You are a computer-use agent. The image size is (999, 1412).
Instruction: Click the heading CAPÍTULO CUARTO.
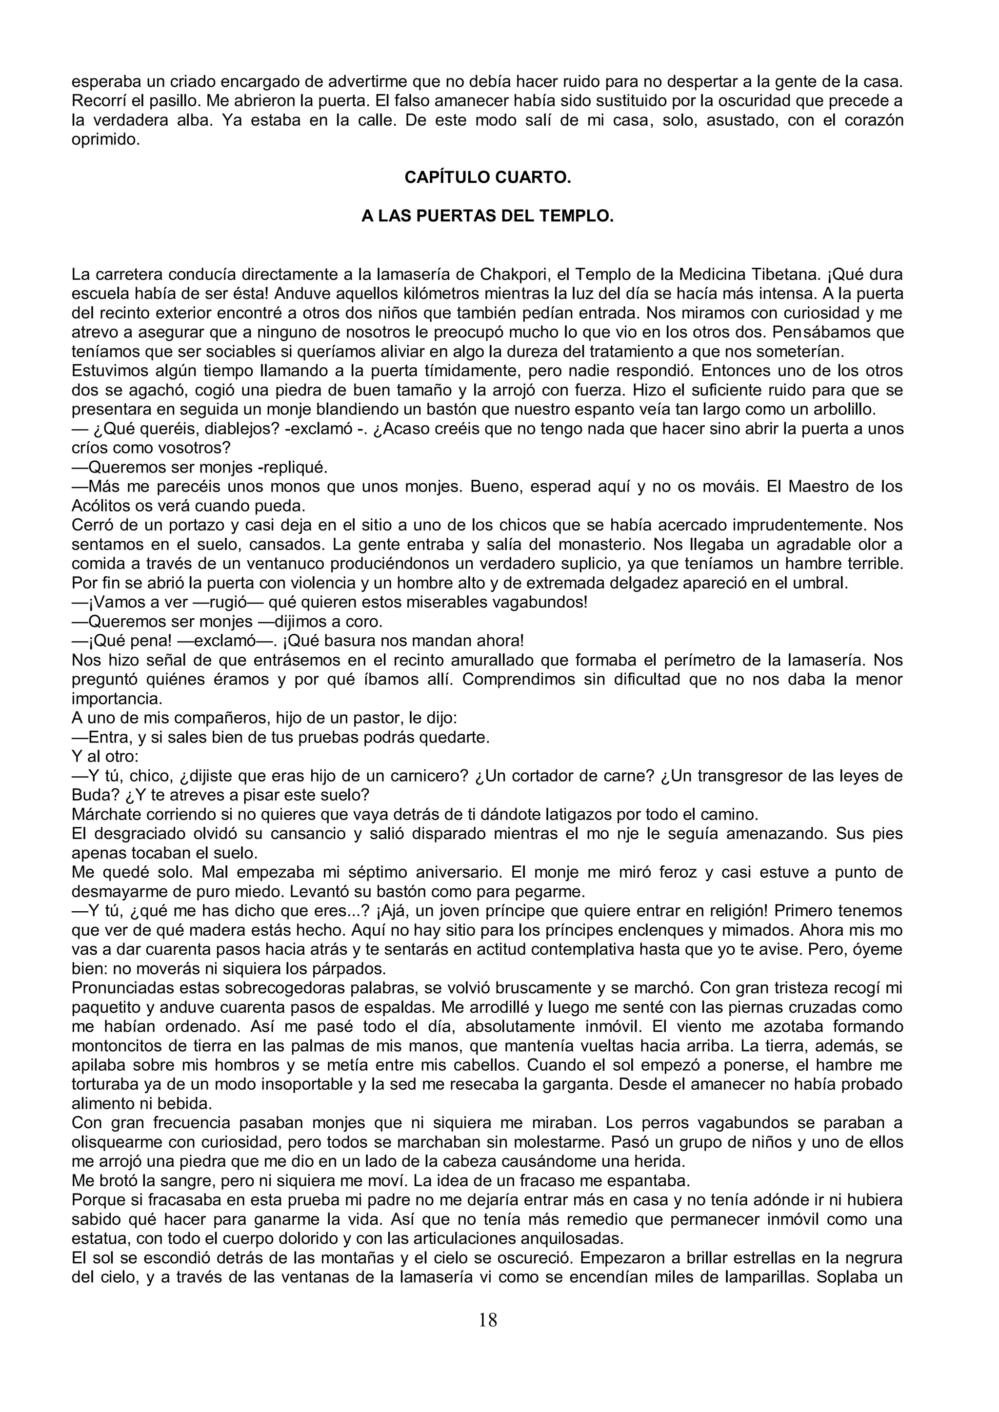pos(487,178)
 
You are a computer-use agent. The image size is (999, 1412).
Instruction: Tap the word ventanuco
pos(225,564)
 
